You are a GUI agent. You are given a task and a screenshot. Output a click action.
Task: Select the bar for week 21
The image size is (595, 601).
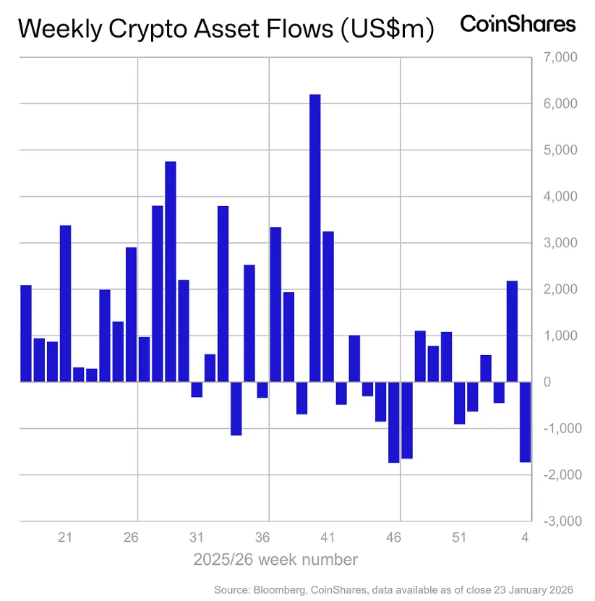pyautogui.click(x=65, y=303)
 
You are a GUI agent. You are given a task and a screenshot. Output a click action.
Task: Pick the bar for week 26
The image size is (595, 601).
pyautogui.click(x=131, y=314)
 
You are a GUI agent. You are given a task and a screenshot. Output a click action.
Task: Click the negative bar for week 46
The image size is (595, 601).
pyautogui.click(x=393, y=422)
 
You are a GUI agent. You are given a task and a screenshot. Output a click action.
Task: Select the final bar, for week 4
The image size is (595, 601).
pyautogui.click(x=525, y=422)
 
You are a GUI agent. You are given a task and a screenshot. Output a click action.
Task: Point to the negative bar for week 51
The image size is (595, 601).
pyautogui.click(x=459, y=403)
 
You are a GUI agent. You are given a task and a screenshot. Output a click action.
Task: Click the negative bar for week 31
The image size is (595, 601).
pyautogui.click(x=197, y=389)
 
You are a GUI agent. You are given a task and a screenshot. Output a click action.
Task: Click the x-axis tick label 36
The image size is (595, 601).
pyautogui.click(x=262, y=538)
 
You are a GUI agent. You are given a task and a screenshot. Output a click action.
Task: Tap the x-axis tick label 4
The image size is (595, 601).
pyautogui.click(x=526, y=538)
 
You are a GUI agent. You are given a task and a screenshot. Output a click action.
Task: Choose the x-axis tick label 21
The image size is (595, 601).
pyautogui.click(x=65, y=538)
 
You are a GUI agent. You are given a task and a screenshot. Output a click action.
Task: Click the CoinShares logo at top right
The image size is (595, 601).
pyautogui.click(x=518, y=24)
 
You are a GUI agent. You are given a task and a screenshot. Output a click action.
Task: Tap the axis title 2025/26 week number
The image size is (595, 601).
pyautogui.click(x=275, y=560)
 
